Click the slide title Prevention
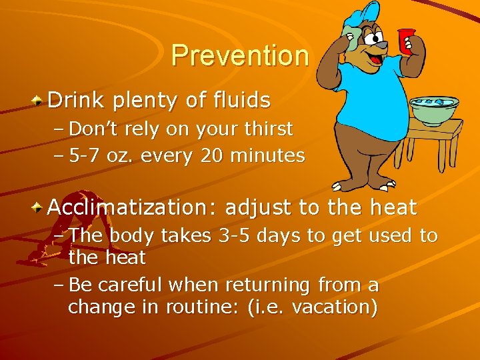(240, 55)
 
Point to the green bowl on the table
(434, 110)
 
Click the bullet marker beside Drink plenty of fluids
(39, 101)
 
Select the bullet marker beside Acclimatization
(39, 208)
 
